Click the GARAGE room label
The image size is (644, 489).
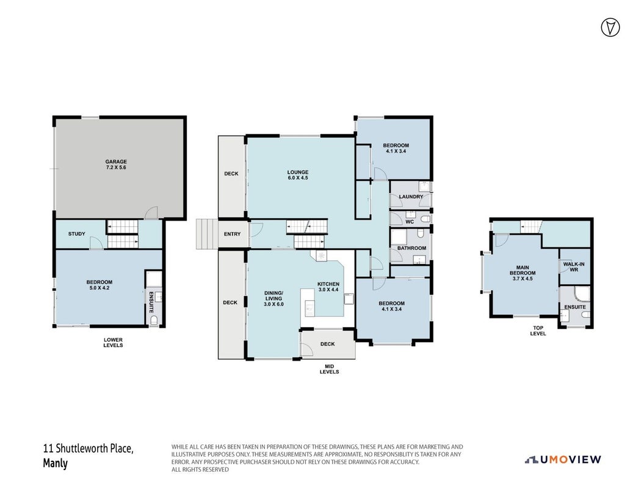click(116, 161)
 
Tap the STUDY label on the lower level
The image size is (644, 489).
click(77, 233)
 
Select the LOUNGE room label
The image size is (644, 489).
click(298, 172)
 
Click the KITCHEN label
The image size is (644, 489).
click(328, 284)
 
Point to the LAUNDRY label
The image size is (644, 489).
click(411, 197)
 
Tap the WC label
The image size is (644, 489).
click(410, 222)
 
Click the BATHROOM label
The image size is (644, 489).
click(411, 248)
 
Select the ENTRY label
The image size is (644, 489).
click(232, 234)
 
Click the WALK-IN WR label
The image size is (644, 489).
click(574, 267)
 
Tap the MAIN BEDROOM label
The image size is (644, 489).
click(523, 270)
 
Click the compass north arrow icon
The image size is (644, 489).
click(610, 28)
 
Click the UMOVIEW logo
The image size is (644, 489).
click(563, 460)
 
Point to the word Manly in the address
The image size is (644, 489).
click(55, 463)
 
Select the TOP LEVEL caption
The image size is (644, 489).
click(538, 331)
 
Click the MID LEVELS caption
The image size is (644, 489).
click(330, 369)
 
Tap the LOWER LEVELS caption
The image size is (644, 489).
click(113, 342)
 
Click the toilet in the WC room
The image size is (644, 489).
click(425, 218)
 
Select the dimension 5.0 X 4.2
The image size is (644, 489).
click(99, 288)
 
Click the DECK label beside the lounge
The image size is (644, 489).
click(231, 174)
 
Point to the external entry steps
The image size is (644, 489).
click(206, 234)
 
